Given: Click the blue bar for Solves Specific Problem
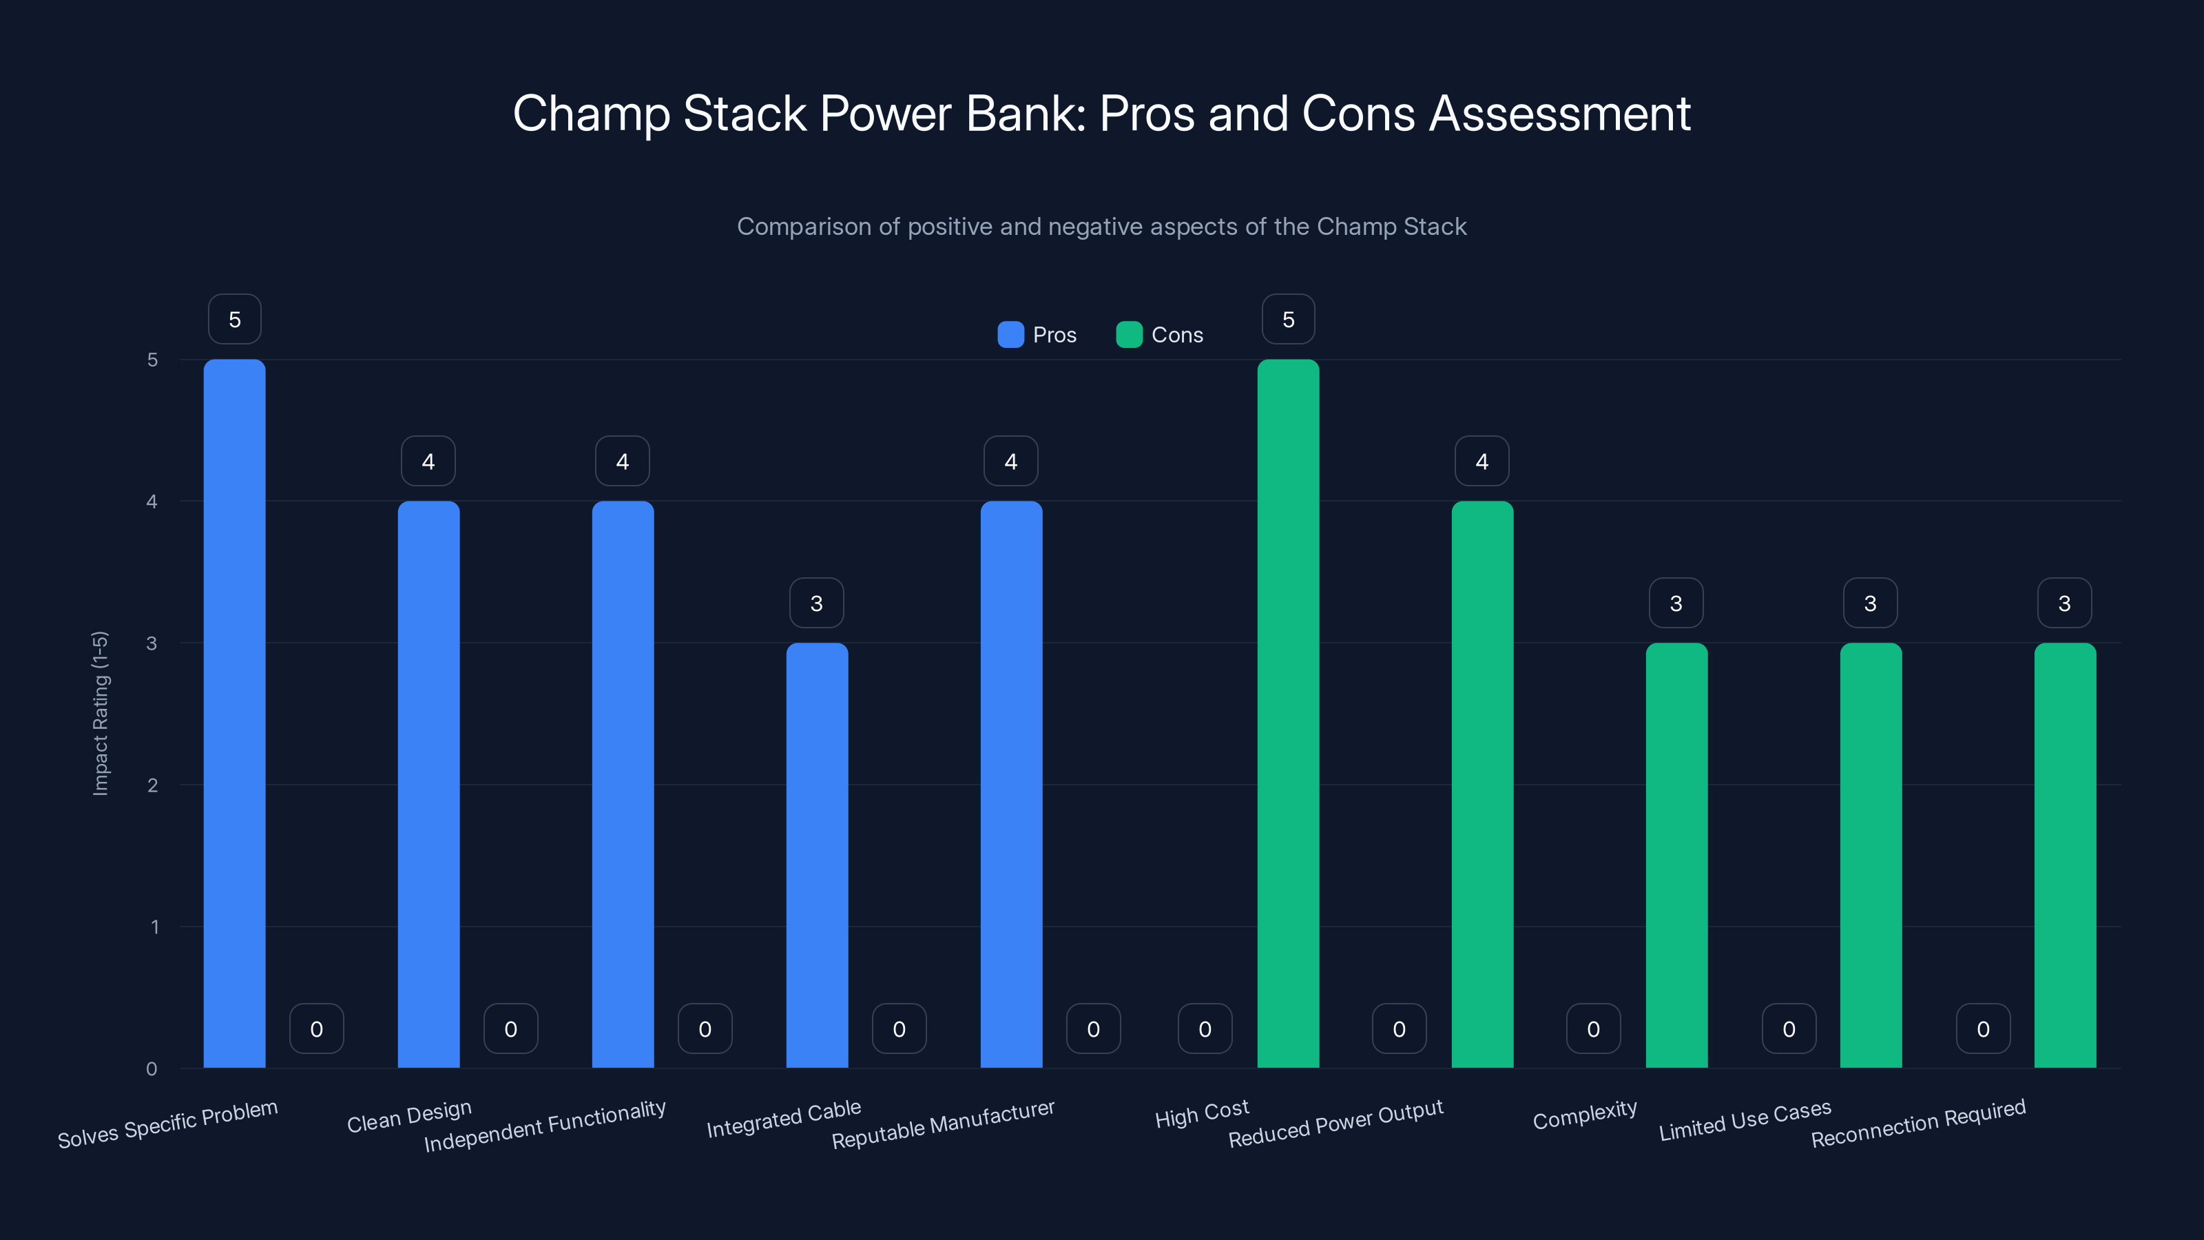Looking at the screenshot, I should click(234, 713).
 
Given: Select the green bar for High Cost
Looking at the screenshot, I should click(1288, 713).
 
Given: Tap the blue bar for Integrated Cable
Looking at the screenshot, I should click(816, 855).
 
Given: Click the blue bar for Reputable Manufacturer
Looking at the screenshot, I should click(1010, 784).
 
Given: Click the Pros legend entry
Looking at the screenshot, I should click(1037, 335).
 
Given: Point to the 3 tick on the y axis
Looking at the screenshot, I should click(152, 643).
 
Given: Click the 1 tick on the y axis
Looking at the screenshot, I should click(154, 927).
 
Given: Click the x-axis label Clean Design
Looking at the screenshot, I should click(409, 1116).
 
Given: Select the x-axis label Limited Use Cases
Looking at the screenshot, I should click(1745, 1120).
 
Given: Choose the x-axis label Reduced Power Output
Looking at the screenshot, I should click(1335, 1123).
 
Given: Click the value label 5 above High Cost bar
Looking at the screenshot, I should click(1288, 319).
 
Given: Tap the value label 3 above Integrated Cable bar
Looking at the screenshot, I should click(816, 603).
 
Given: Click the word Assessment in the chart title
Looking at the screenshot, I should click(1559, 113).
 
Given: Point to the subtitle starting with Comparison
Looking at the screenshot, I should click(1101, 226).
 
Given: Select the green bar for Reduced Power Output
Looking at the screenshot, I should click(1482, 784).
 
